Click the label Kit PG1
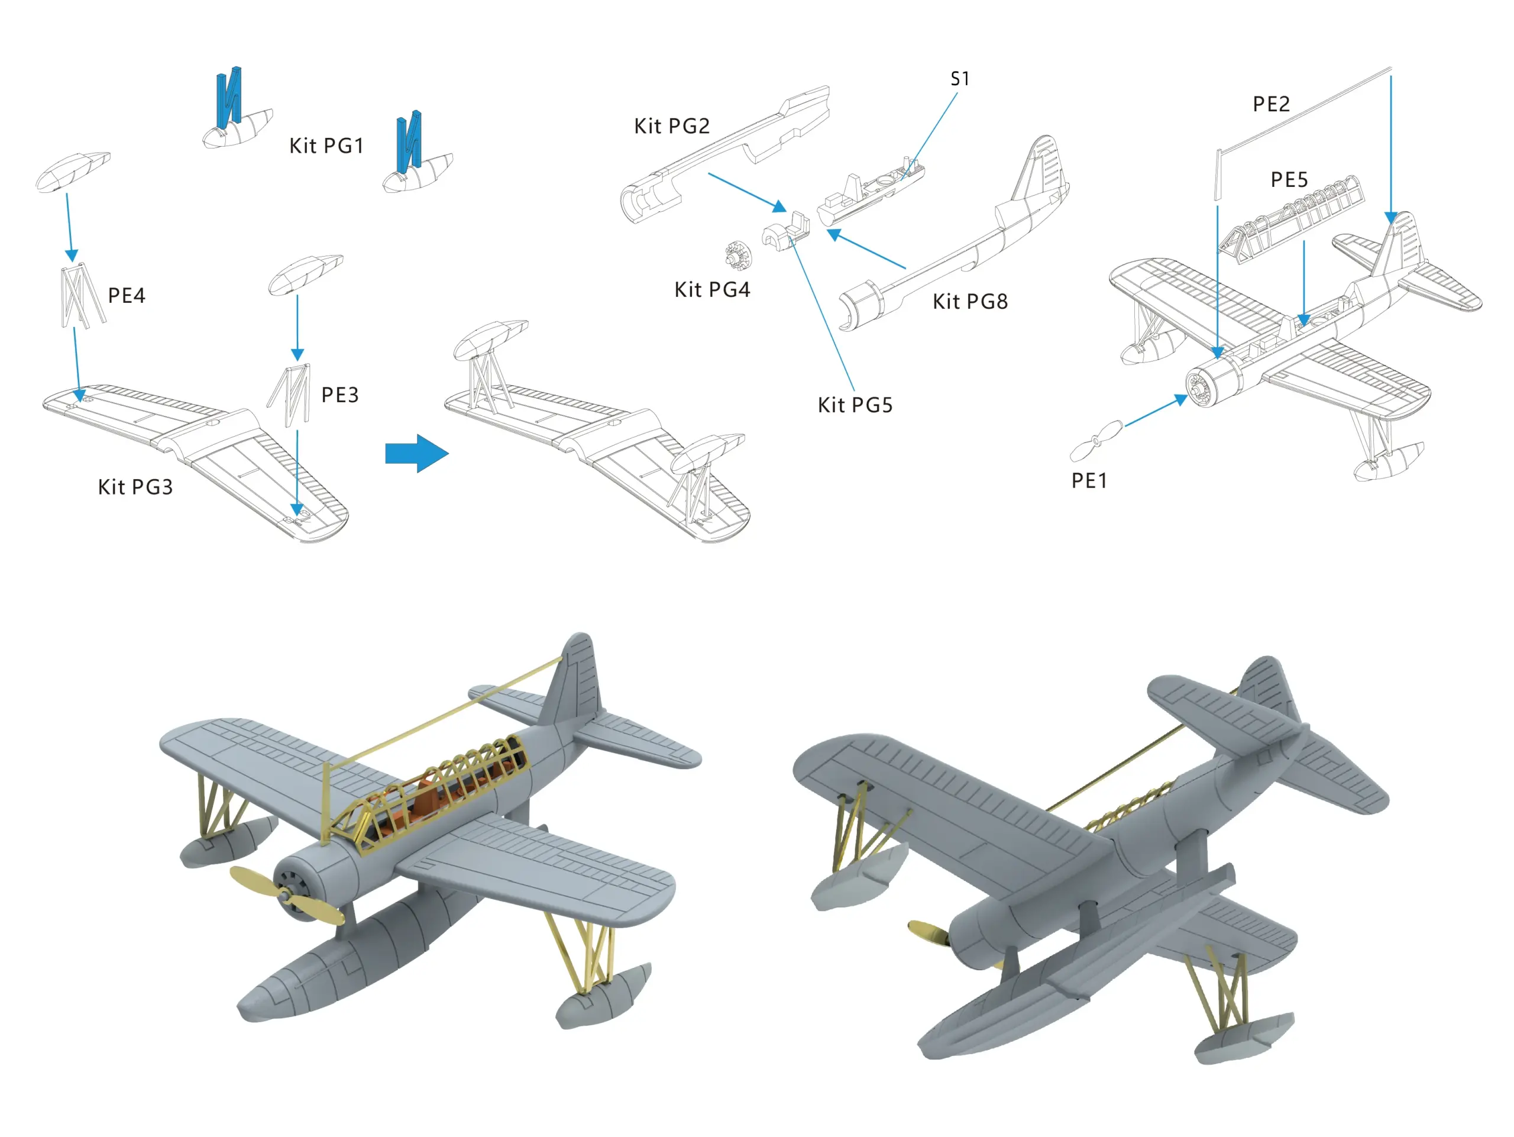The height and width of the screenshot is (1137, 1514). point(326,146)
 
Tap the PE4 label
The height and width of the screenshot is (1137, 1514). point(127,296)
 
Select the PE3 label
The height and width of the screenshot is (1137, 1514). point(339,395)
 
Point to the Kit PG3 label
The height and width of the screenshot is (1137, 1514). point(135,487)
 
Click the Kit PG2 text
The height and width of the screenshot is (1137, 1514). point(671,126)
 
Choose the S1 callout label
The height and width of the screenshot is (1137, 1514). point(960,79)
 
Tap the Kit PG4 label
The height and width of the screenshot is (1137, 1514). point(712,289)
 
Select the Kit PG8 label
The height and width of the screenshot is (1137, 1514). point(970,301)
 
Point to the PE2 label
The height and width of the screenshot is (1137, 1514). point(1271,104)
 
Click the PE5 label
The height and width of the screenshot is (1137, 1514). point(1289,179)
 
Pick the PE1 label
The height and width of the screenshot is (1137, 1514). point(1089,480)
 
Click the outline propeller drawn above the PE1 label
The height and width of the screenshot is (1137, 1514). point(1096,441)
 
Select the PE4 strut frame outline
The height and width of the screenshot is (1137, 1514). point(82,296)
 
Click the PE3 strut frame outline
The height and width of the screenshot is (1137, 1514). point(290,395)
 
